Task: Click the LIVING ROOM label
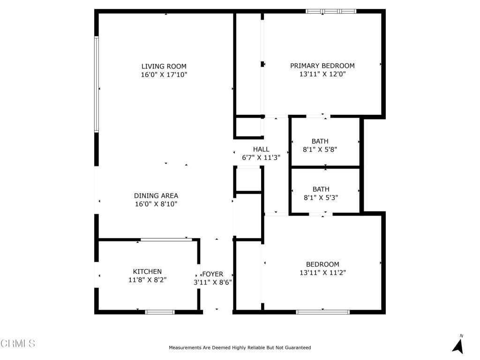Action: [164, 66]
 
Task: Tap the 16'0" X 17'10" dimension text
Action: [164, 75]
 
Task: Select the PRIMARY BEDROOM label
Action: [322, 66]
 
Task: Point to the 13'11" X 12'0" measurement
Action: [322, 74]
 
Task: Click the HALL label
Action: [261, 149]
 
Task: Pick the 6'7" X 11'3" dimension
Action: [261, 158]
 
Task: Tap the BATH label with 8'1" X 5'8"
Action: [320, 141]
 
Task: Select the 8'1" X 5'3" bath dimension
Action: [321, 198]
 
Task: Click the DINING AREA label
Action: [156, 195]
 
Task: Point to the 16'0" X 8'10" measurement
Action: [156, 204]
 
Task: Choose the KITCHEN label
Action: [147, 271]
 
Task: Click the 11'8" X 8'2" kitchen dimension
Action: [147, 280]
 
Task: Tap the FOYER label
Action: [212, 274]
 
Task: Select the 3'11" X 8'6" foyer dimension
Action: [212, 283]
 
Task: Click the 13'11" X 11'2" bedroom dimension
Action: [322, 272]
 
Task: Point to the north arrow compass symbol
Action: [458, 344]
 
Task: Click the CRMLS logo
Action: [18, 344]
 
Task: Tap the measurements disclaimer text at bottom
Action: [240, 347]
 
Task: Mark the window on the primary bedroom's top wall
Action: [331, 11]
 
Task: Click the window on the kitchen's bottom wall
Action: [160, 312]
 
